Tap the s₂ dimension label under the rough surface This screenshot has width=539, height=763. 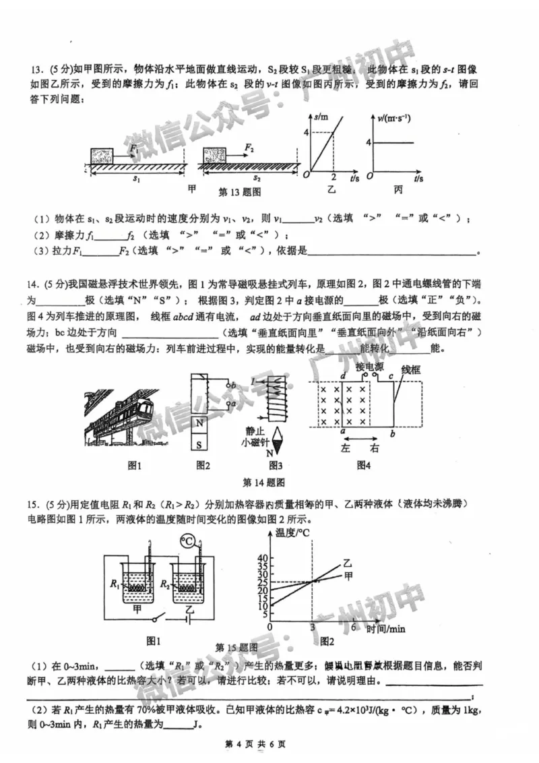(x=256, y=179)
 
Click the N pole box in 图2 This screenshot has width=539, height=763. (x=201, y=424)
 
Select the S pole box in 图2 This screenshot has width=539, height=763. (x=201, y=444)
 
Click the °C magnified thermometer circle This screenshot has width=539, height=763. (x=188, y=541)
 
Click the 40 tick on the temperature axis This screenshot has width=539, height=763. (x=263, y=558)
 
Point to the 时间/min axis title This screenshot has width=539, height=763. (x=386, y=629)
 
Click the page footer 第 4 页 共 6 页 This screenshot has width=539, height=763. (x=255, y=744)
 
